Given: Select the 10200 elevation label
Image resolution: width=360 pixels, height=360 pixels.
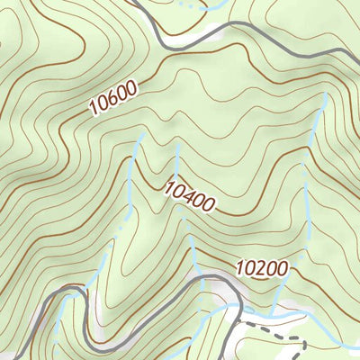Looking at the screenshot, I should coord(263,268).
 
